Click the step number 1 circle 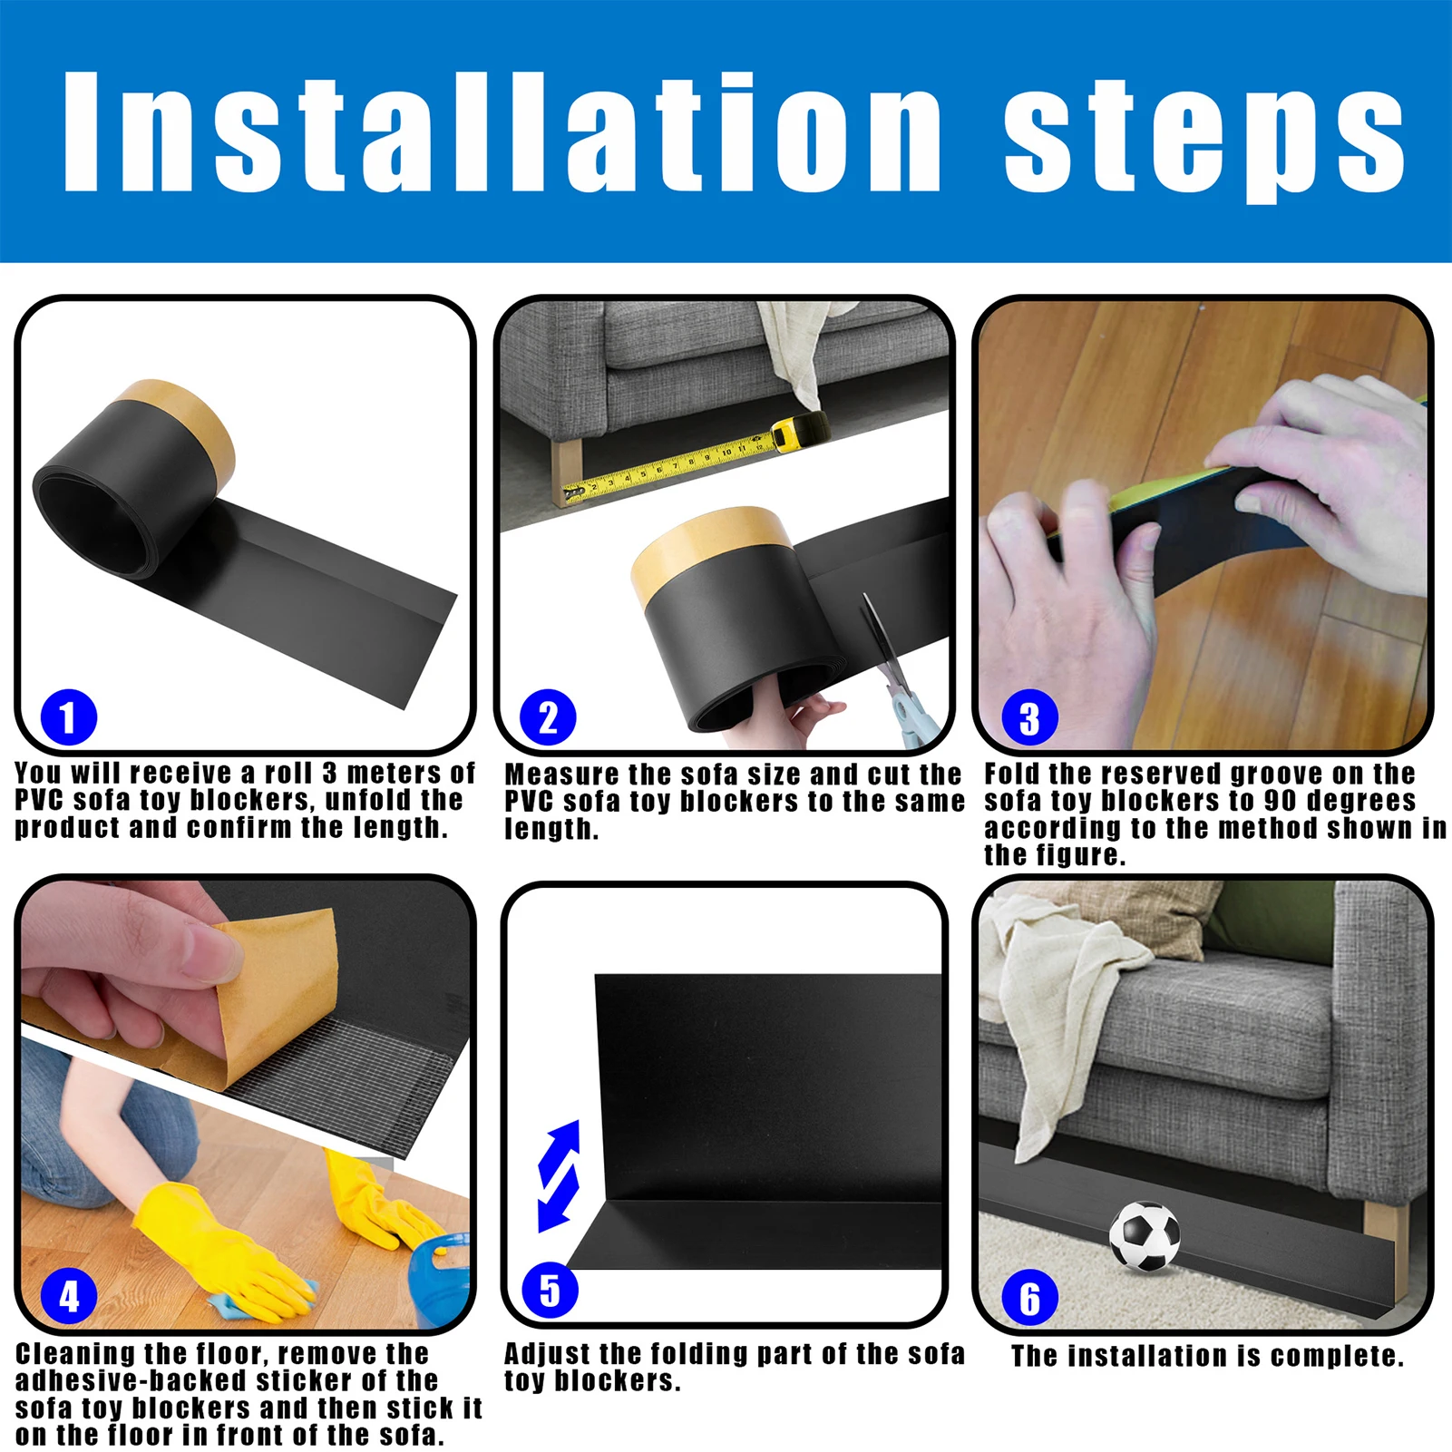pos(68,717)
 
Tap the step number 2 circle pos(548,717)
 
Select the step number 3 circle pos(1029,719)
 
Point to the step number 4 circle pos(69,1297)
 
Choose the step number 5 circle pos(550,1290)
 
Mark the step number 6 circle pos(1029,1298)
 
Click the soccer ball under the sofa pos(1145,1235)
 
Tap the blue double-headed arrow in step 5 pos(559,1176)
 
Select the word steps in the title pos(1204,136)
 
